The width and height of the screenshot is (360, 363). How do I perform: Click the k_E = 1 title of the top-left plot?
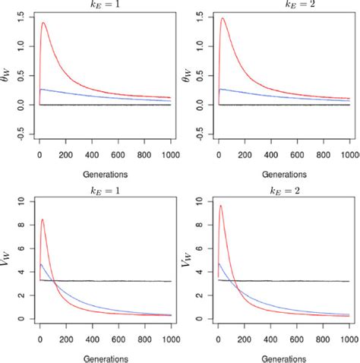[106, 4]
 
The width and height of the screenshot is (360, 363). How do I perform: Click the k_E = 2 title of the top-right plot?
[284, 4]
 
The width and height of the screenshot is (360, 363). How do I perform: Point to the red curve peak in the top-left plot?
[43, 23]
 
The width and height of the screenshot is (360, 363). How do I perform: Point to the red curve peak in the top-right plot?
[223, 19]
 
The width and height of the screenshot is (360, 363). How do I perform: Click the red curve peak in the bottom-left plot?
[43, 219]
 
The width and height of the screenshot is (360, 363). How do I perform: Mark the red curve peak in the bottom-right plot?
[221, 206]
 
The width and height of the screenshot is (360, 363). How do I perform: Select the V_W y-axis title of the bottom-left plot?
[8, 260]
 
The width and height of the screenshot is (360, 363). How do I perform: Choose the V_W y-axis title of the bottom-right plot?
[187, 260]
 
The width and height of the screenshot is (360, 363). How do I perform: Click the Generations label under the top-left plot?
[106, 174]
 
